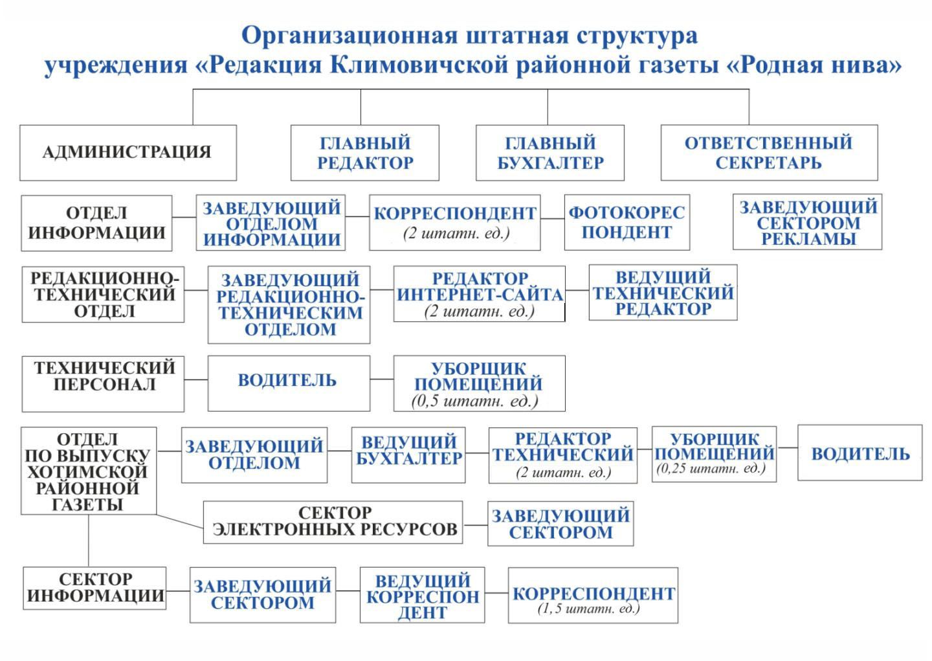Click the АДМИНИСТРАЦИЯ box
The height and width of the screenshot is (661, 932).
coord(128,153)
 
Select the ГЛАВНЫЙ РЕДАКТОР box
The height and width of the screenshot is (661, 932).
coord(364,153)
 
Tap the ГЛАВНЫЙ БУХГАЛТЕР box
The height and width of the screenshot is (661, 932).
coord(549,153)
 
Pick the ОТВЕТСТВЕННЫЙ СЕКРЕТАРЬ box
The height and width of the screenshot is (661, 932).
coord(769,153)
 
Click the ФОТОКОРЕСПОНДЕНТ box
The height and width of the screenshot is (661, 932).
coord(627,222)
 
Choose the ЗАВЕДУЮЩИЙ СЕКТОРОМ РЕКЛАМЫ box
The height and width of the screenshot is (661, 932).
coord(807,222)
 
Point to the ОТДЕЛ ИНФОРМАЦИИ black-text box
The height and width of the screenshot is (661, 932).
coord(96,223)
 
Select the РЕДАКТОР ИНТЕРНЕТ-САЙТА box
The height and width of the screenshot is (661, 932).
coord(479,293)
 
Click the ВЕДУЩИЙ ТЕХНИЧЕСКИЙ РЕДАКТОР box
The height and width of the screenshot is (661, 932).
coord(663,293)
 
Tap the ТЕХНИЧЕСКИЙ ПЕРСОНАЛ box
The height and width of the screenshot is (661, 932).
coord(103,383)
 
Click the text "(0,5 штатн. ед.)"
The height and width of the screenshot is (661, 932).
coord(475,401)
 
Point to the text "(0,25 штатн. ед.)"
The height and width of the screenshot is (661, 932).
coord(711,469)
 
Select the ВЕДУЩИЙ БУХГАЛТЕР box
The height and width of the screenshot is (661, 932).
coord(408,454)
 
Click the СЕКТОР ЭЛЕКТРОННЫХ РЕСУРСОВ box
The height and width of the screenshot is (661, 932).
coord(333,522)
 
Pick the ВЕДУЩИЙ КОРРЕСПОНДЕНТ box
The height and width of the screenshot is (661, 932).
coord(422,596)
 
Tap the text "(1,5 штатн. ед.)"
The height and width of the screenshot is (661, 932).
coord(588,609)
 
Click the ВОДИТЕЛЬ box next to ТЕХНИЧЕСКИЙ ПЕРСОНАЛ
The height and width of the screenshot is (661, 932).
coord(289,383)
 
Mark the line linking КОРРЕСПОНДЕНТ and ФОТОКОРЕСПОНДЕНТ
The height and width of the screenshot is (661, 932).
coord(552,219)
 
